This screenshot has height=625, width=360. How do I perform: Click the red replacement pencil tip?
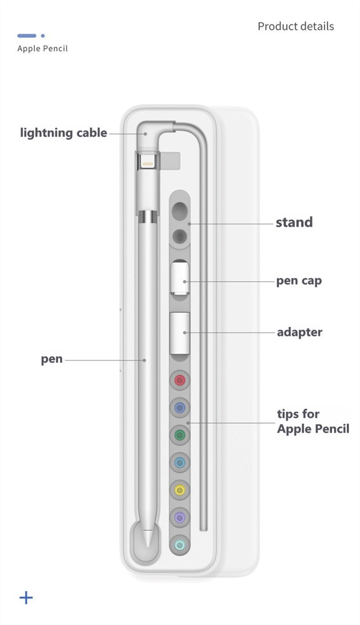[180, 380]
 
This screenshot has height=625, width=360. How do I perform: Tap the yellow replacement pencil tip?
[180, 490]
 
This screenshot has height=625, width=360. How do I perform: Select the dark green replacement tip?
[180, 435]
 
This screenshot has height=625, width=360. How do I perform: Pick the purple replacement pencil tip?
[180, 517]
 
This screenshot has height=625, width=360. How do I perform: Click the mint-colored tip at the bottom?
[180, 545]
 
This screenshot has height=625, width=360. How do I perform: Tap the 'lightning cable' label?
[63, 133]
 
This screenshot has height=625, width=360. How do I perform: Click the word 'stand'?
[294, 222]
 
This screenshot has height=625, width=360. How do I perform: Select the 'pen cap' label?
[299, 281]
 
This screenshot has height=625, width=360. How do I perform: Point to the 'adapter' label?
[299, 333]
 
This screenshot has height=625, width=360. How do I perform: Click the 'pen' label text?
[52, 359]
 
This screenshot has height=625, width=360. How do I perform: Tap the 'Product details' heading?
[296, 27]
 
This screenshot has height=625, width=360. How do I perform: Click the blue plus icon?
[26, 598]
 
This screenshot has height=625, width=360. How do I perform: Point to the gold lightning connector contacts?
[148, 164]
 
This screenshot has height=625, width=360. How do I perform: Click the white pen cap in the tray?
[180, 278]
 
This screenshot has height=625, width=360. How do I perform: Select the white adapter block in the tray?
[180, 333]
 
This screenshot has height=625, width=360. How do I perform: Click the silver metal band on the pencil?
[148, 217]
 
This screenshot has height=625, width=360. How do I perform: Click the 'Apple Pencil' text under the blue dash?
[42, 49]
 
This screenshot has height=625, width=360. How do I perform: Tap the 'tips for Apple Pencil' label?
[313, 421]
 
